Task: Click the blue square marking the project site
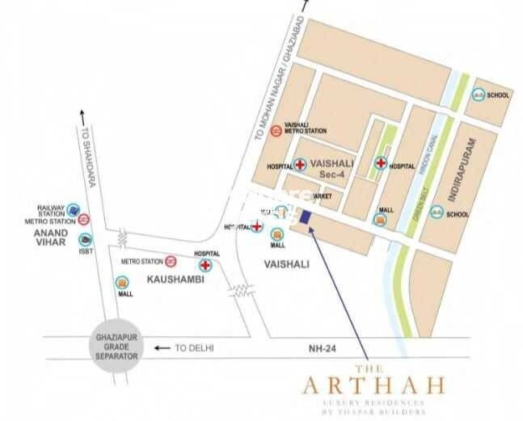[306, 216]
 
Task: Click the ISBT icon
[84, 240]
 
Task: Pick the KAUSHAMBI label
[172, 279]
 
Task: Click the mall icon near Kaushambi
[122, 282]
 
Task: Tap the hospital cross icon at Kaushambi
[205, 264]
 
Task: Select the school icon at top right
[480, 95]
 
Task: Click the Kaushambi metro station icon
[171, 261]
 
